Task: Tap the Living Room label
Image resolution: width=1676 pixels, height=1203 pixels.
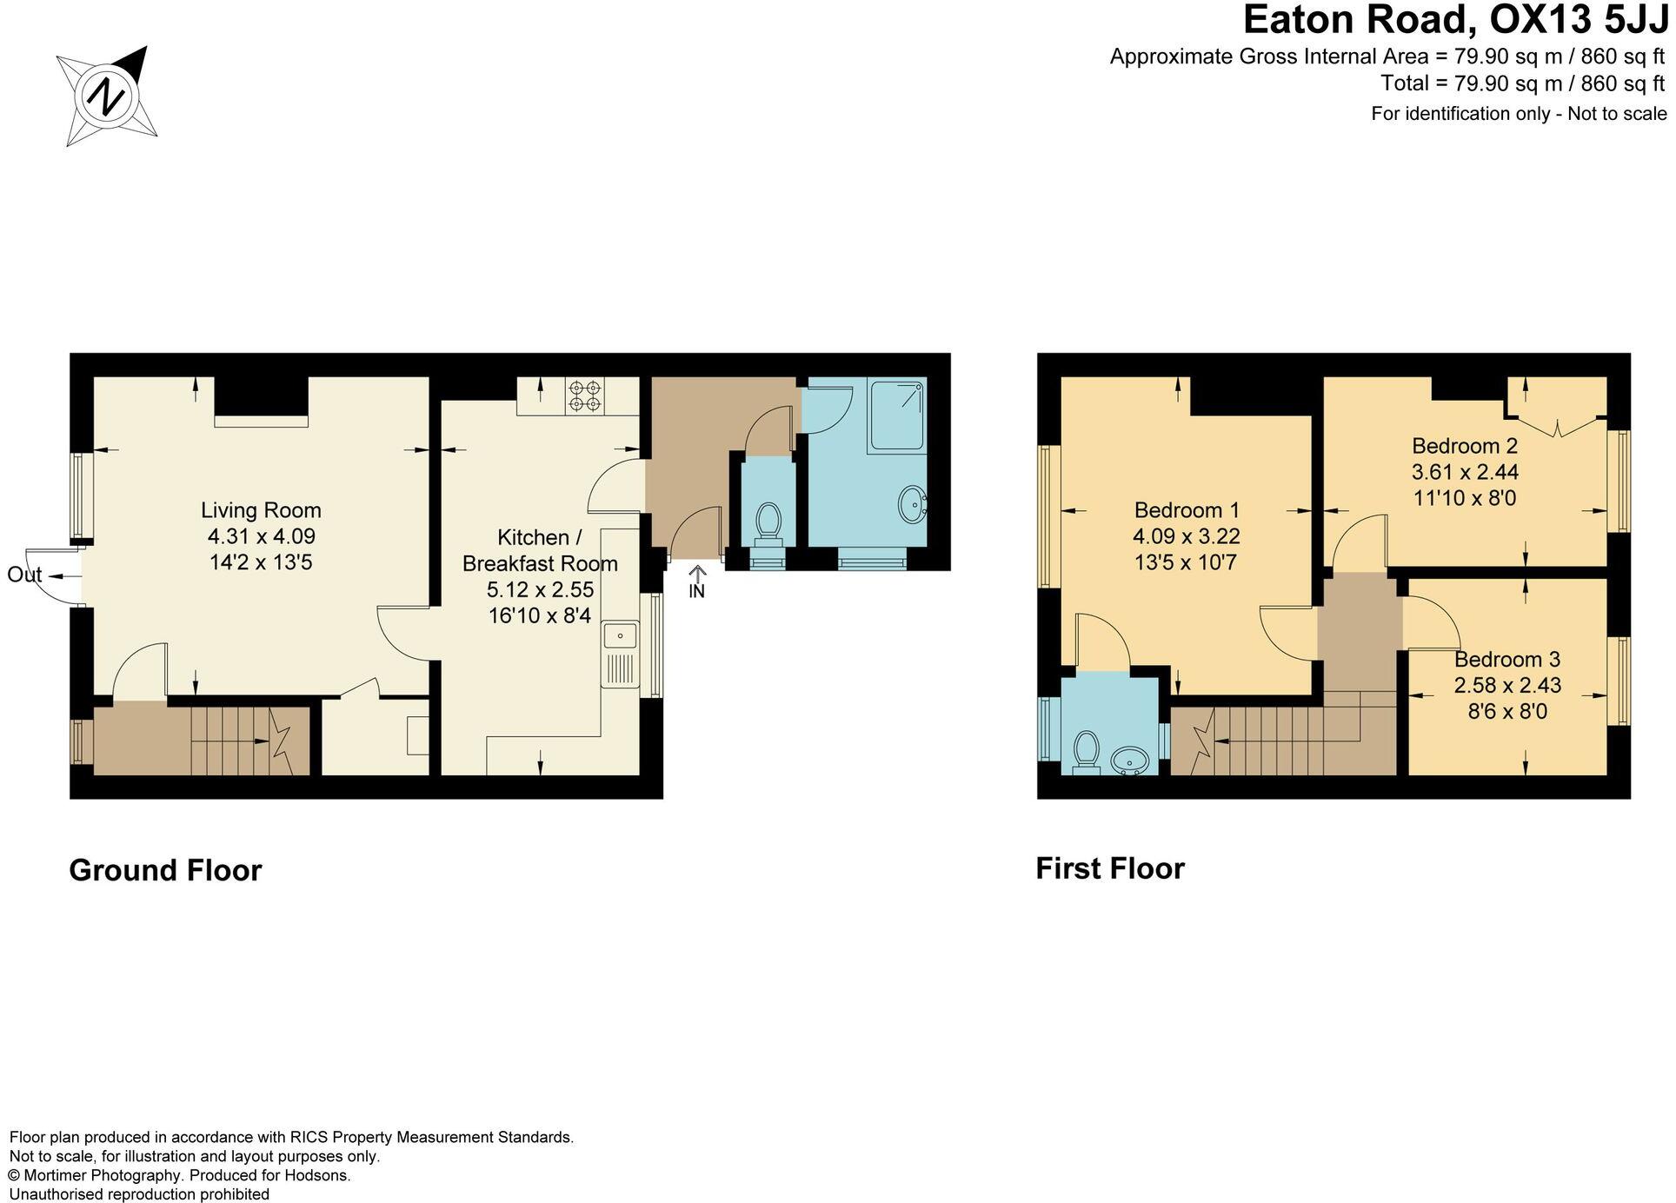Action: [261, 510]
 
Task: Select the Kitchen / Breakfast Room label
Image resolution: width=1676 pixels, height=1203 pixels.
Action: [540, 550]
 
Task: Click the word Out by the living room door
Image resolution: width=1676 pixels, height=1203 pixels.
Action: [24, 575]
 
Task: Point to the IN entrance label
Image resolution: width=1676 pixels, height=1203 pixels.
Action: [696, 592]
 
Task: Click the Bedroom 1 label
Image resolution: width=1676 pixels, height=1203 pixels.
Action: [1187, 510]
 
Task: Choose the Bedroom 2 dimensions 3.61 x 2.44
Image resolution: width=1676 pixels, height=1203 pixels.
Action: [1465, 472]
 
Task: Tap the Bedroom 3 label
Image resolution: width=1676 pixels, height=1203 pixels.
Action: [1507, 660]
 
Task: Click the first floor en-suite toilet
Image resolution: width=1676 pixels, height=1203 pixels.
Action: [1086, 750]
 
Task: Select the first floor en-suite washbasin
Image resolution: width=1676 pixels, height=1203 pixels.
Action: [1131, 761]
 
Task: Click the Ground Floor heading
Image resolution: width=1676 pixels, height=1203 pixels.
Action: [165, 870]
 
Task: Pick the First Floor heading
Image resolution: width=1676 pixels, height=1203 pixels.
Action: [1110, 868]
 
